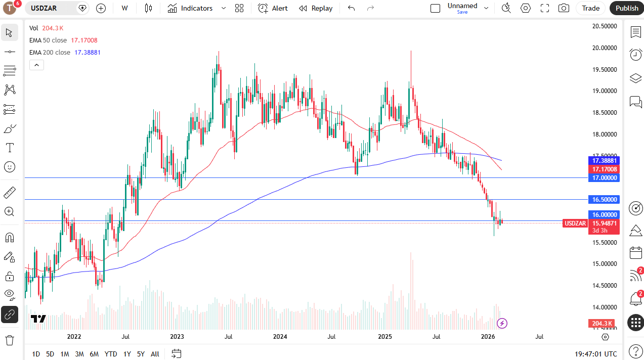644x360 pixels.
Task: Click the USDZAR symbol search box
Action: [51, 8]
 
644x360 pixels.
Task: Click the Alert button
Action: [273, 8]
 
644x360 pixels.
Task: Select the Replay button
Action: [316, 8]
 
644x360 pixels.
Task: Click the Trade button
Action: [590, 8]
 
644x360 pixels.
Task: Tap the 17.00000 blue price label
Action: [605, 178]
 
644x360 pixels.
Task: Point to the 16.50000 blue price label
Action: [605, 200]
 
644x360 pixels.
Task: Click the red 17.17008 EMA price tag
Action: [605, 169]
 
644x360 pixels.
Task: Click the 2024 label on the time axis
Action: [280, 337]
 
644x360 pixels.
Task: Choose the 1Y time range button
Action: [127, 354]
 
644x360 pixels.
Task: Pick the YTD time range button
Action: [111, 354]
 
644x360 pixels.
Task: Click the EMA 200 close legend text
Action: [50, 52]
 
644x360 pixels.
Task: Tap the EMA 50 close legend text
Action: [48, 40]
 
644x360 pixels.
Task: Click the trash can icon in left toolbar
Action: [9, 340]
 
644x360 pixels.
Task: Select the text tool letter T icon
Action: [9, 148]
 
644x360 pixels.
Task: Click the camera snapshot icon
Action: [563, 8]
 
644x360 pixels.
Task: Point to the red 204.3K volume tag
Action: [601, 324]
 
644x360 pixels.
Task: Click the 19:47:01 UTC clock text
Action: [595, 354]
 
